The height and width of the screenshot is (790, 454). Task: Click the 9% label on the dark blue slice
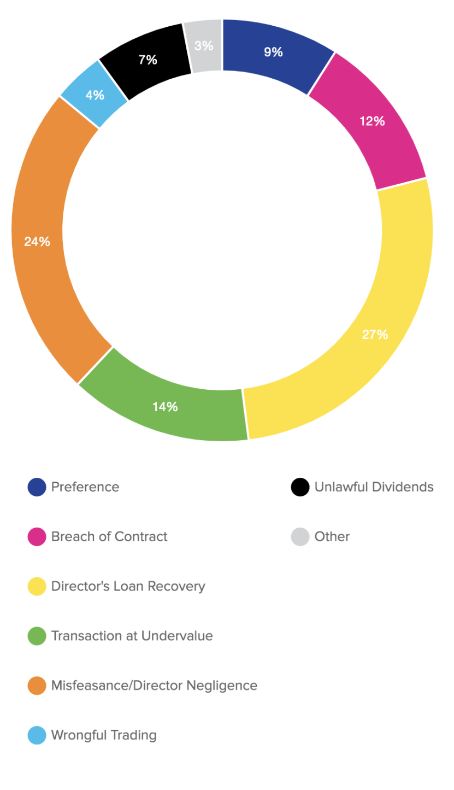(x=273, y=52)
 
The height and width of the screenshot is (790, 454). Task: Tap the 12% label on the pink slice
(x=372, y=121)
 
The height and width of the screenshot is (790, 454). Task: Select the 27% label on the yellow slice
(x=375, y=335)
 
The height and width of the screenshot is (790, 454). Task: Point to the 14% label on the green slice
(x=164, y=407)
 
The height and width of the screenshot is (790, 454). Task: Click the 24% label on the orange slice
(x=37, y=241)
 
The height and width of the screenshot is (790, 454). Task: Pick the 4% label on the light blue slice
(x=95, y=95)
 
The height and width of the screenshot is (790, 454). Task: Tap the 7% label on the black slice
(x=148, y=60)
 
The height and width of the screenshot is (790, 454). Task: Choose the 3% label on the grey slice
(x=204, y=46)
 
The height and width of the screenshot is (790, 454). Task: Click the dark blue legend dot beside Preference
(x=37, y=487)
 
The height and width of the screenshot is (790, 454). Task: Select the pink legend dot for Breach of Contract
(x=37, y=537)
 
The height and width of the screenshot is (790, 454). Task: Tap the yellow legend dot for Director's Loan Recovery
(x=37, y=587)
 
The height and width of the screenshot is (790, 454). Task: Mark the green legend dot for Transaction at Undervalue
(x=37, y=636)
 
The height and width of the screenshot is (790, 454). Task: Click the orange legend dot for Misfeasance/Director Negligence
(x=37, y=686)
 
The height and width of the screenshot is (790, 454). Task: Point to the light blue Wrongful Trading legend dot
(x=37, y=735)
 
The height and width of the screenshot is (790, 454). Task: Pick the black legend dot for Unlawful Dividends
(x=300, y=487)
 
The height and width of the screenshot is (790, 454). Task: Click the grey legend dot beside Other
(x=300, y=537)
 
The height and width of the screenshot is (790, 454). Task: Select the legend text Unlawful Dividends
(x=374, y=487)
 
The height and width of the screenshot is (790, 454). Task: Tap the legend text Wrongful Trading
(x=104, y=735)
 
